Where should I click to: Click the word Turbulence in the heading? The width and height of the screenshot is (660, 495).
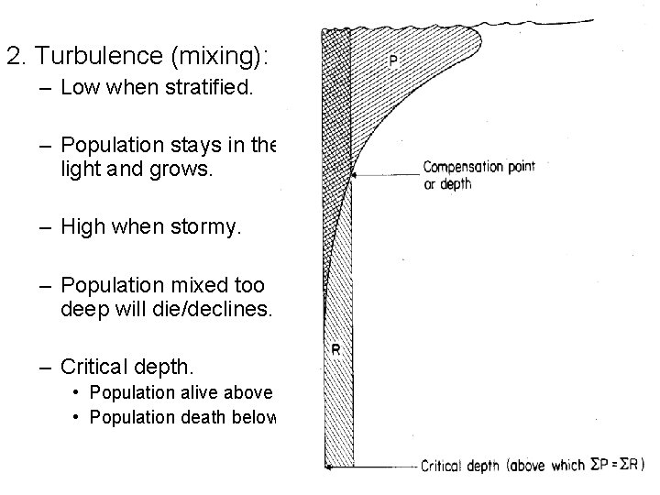(x=81, y=57)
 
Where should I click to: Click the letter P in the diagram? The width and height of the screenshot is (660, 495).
(x=394, y=60)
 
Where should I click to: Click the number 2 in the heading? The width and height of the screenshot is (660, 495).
(x=11, y=57)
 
